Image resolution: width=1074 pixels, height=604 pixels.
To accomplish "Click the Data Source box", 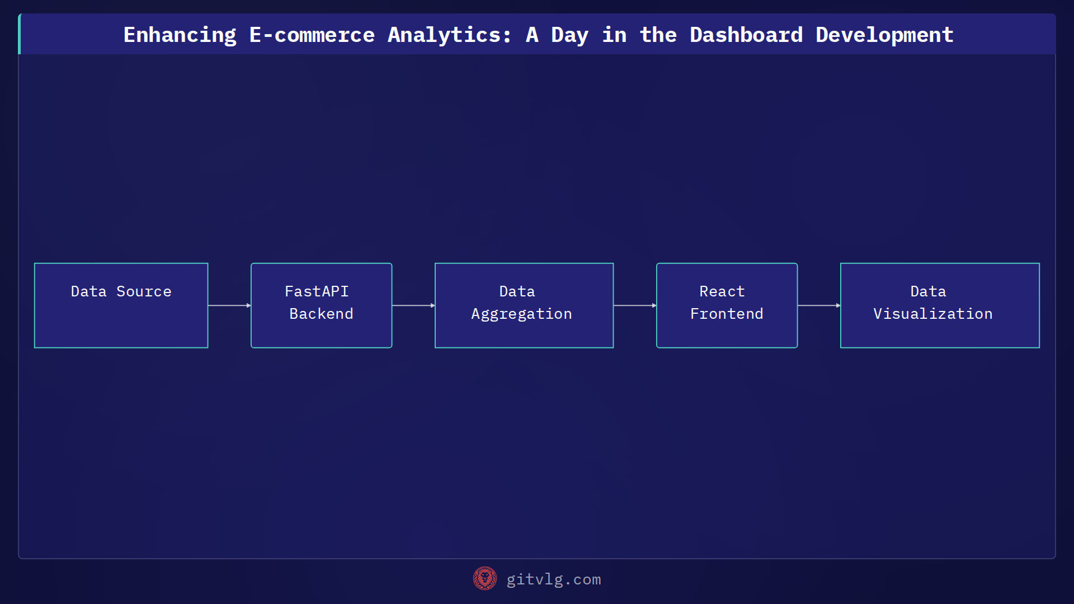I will (x=121, y=305).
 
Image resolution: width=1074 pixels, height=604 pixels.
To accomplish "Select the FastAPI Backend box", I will (x=321, y=305).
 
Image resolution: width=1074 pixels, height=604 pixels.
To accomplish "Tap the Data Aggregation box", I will (x=524, y=305).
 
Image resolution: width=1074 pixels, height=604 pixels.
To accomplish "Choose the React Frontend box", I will (x=727, y=305).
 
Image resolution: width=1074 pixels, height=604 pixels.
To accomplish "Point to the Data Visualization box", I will (x=940, y=305).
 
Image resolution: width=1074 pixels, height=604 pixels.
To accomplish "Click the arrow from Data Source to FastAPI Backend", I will (x=229, y=305).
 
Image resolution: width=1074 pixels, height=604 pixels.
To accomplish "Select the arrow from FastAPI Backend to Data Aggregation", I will (x=413, y=305).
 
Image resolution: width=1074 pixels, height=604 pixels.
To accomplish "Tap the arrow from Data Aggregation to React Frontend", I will (x=635, y=305).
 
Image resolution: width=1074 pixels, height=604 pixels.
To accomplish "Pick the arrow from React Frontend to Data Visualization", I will (x=819, y=305).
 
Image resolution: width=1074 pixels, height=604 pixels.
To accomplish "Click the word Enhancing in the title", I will (x=180, y=35).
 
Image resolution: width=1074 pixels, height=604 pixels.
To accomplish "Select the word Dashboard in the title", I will (x=746, y=35).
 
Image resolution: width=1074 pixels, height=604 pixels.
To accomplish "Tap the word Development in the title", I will (x=884, y=35).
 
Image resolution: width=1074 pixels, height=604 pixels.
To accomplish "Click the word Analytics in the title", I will (x=449, y=35).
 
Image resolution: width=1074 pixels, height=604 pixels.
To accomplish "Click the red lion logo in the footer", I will (x=484, y=579).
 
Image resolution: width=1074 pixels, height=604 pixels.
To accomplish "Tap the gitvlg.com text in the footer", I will (x=553, y=579).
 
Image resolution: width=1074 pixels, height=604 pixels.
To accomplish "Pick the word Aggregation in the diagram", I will (x=521, y=314).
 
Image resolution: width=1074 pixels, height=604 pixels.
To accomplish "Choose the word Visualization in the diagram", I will (x=932, y=314).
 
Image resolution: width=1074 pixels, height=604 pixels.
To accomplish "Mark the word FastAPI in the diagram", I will (x=317, y=291).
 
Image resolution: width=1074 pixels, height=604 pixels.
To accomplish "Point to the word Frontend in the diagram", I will (x=727, y=314).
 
